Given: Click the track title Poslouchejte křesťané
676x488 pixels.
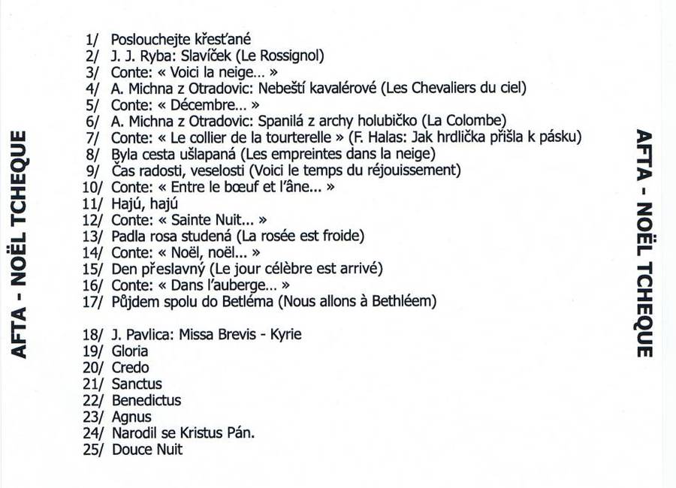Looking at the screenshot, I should (x=180, y=39).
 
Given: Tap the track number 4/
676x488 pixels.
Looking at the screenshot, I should (x=93, y=88).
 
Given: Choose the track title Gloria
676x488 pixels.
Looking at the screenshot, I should (x=130, y=351).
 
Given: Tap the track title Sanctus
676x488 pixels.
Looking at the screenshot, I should (x=137, y=384).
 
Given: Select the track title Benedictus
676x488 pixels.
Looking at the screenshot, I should (x=146, y=400).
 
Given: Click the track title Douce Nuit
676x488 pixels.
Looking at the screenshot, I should (x=147, y=450).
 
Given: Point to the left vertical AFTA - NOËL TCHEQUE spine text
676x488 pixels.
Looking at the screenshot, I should (x=20, y=244).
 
